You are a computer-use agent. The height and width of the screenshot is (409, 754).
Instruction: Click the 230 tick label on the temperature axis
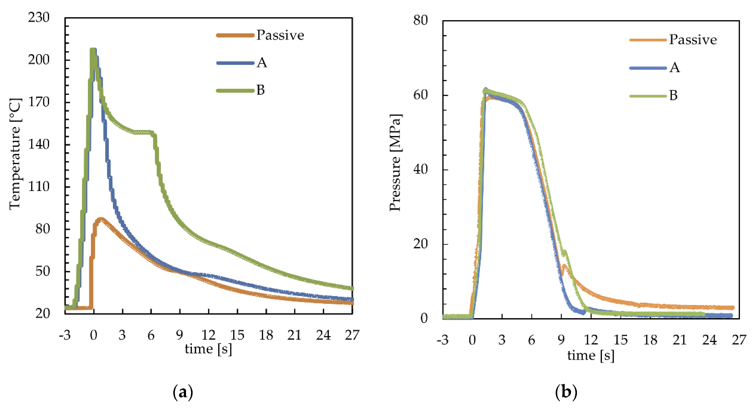tap(39, 18)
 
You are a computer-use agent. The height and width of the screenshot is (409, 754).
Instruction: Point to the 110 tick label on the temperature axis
tap(39, 186)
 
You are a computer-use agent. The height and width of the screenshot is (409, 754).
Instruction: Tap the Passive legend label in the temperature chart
tap(280, 35)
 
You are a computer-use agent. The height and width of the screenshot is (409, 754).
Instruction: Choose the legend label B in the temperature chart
tap(261, 90)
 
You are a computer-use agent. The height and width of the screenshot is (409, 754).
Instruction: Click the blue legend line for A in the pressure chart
tap(648, 68)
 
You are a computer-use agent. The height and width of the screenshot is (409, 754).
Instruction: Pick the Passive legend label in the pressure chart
tap(693, 40)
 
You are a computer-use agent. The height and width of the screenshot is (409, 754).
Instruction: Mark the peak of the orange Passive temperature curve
tap(100, 219)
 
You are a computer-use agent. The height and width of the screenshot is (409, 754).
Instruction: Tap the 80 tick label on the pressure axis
tap(420, 21)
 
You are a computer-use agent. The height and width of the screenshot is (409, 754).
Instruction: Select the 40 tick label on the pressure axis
tap(420, 169)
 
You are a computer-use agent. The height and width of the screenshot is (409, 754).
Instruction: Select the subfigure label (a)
tap(183, 392)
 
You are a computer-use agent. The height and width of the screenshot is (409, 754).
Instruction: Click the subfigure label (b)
tap(566, 392)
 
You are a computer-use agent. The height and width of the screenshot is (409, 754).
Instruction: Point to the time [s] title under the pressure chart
tap(591, 356)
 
